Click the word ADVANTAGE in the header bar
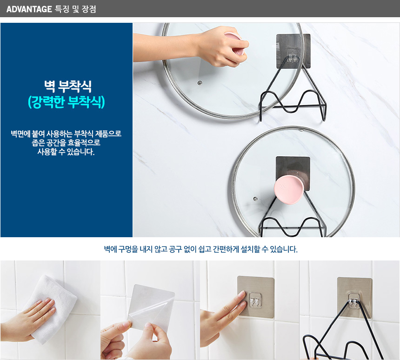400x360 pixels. (x=29, y=9)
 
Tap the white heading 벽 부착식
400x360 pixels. (x=68, y=87)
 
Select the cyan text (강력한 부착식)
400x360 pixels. (x=67, y=102)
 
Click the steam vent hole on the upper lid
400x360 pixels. (x=200, y=83)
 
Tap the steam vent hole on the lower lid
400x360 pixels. (x=255, y=199)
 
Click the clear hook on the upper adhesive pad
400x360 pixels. (x=293, y=56)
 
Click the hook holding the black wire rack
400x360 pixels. (x=354, y=299)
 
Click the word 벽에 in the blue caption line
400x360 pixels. (x=110, y=249)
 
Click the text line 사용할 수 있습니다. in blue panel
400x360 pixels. (x=66, y=152)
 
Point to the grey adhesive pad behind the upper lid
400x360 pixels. (x=293, y=51)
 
